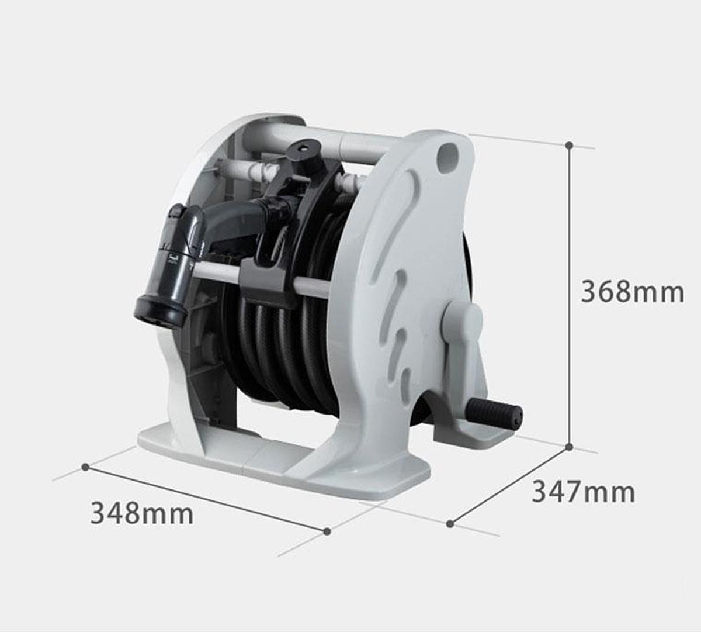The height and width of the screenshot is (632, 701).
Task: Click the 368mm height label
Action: (x=632, y=291)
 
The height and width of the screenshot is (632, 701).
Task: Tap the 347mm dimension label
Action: (x=583, y=492)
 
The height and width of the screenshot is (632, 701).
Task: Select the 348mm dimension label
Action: (x=142, y=514)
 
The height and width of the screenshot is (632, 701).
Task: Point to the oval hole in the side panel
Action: (x=447, y=157)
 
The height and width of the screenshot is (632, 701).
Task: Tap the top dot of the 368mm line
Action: (x=570, y=144)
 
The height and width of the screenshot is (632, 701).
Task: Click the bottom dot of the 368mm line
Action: (x=570, y=447)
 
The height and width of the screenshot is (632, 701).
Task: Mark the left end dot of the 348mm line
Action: (x=85, y=467)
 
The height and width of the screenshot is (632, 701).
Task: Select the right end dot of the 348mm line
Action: (x=327, y=531)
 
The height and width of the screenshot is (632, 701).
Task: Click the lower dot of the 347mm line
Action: (x=450, y=523)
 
